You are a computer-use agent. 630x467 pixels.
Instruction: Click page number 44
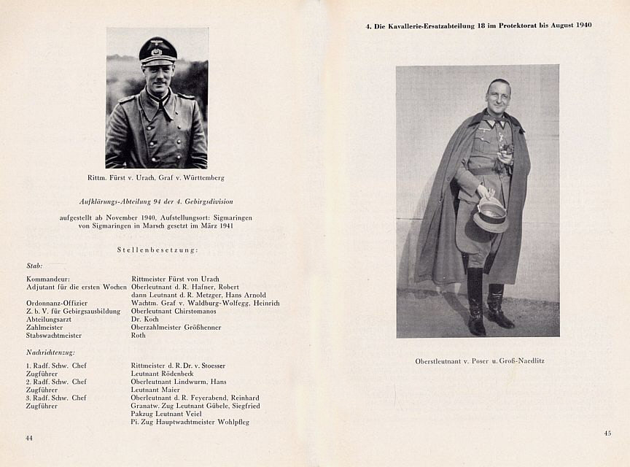click(29, 438)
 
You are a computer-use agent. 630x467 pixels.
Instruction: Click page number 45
click(607, 433)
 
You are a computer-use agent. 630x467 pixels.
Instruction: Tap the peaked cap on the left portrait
click(157, 50)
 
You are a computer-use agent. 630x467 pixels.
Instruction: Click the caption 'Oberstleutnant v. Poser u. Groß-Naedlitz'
click(479, 361)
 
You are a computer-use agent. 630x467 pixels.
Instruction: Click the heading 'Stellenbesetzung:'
click(157, 250)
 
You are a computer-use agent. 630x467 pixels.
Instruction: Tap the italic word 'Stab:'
click(34, 266)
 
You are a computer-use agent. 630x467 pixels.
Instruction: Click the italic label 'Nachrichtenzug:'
click(50, 352)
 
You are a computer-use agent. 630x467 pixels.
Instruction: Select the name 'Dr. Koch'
click(145, 319)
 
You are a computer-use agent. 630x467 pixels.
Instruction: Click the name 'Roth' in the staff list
click(139, 336)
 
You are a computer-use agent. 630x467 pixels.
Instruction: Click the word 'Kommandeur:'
click(48, 279)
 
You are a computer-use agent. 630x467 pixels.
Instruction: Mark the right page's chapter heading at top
click(478, 26)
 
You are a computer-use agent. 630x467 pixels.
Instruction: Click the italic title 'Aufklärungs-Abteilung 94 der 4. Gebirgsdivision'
click(156, 201)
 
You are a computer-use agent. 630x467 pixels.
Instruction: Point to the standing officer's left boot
click(499, 308)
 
